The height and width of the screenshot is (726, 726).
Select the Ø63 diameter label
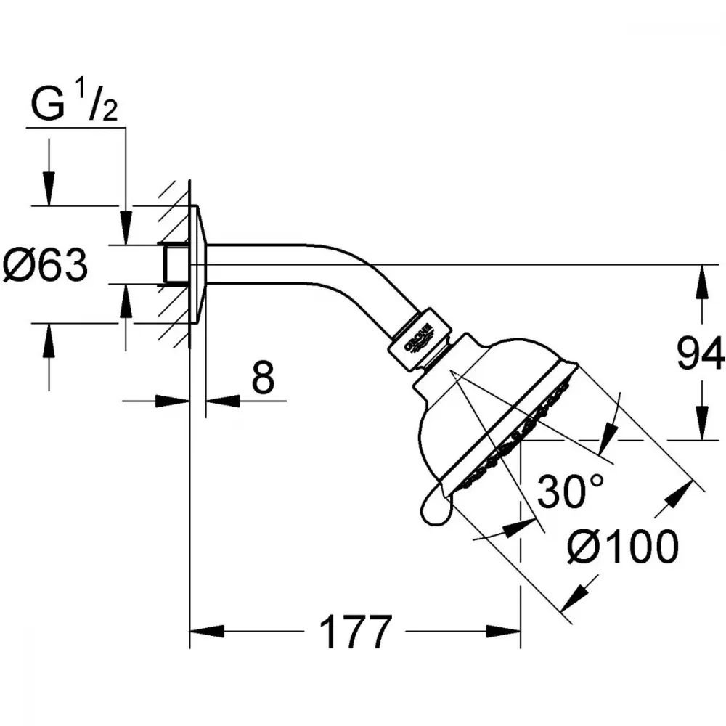point(45,265)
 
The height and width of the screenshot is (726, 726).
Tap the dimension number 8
point(263,378)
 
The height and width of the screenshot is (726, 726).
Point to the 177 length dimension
point(356,632)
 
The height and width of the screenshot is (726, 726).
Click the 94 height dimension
point(701,354)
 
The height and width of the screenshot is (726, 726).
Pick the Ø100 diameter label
point(623,547)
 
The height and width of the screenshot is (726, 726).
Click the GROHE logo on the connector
point(419,340)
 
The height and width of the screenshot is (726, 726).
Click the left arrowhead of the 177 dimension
point(207,631)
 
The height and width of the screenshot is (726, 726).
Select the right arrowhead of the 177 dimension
point(503,631)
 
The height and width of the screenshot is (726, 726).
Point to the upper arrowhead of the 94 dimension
point(703,281)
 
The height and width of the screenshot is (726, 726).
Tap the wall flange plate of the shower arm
point(198,264)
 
